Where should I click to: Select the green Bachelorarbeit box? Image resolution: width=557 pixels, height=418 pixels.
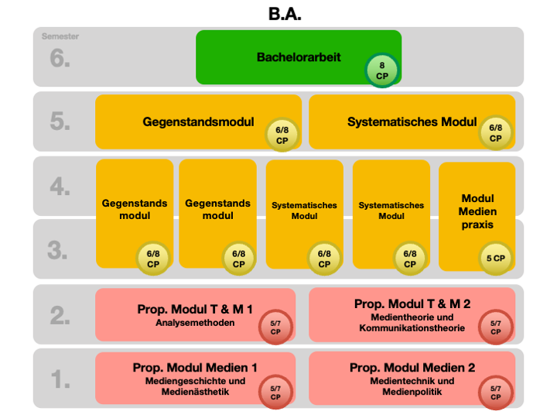[298, 57]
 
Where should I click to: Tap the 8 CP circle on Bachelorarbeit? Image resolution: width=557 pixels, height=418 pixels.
[382, 71]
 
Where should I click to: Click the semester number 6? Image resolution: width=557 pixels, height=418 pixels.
[60, 58]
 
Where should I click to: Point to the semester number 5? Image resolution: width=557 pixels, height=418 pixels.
[60, 122]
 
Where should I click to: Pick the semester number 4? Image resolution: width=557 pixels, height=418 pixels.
[60, 187]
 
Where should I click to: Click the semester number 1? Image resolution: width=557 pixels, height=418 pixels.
[60, 379]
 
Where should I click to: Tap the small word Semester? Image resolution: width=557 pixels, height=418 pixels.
[60, 36]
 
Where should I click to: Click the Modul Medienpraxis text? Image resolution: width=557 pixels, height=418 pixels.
[477, 211]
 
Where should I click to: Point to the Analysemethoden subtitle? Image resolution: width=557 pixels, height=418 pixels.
[195, 323]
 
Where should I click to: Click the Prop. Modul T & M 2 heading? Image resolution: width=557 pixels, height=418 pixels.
[412, 304]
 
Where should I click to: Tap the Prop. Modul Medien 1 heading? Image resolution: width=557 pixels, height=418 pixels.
[195, 368]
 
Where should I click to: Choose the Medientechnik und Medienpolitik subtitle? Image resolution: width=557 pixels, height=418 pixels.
[412, 386]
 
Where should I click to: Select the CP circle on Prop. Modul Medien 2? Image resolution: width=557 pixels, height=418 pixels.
[496, 392]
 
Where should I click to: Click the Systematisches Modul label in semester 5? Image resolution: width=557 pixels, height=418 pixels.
[412, 122]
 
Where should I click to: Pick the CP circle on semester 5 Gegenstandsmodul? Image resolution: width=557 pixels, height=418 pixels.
[282, 134]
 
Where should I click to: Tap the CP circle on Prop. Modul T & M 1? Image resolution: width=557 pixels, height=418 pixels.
[276, 328]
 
